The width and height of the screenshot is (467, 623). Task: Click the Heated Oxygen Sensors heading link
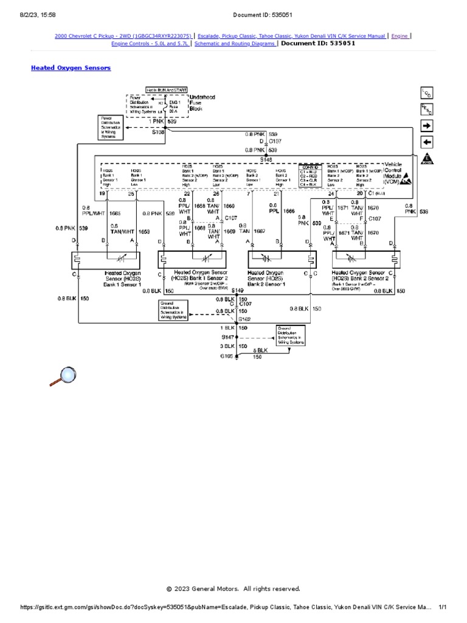[x=71, y=68]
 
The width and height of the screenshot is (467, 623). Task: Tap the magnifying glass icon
[x=63, y=377]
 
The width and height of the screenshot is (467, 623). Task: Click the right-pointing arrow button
[x=427, y=125]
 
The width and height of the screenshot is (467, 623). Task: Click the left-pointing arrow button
[x=427, y=142]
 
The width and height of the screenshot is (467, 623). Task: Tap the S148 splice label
[x=266, y=159]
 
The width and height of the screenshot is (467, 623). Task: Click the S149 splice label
[x=238, y=290]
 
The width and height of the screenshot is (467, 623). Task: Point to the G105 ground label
[x=227, y=356]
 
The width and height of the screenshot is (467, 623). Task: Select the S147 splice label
[x=227, y=336]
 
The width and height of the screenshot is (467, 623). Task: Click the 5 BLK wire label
[x=260, y=351]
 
